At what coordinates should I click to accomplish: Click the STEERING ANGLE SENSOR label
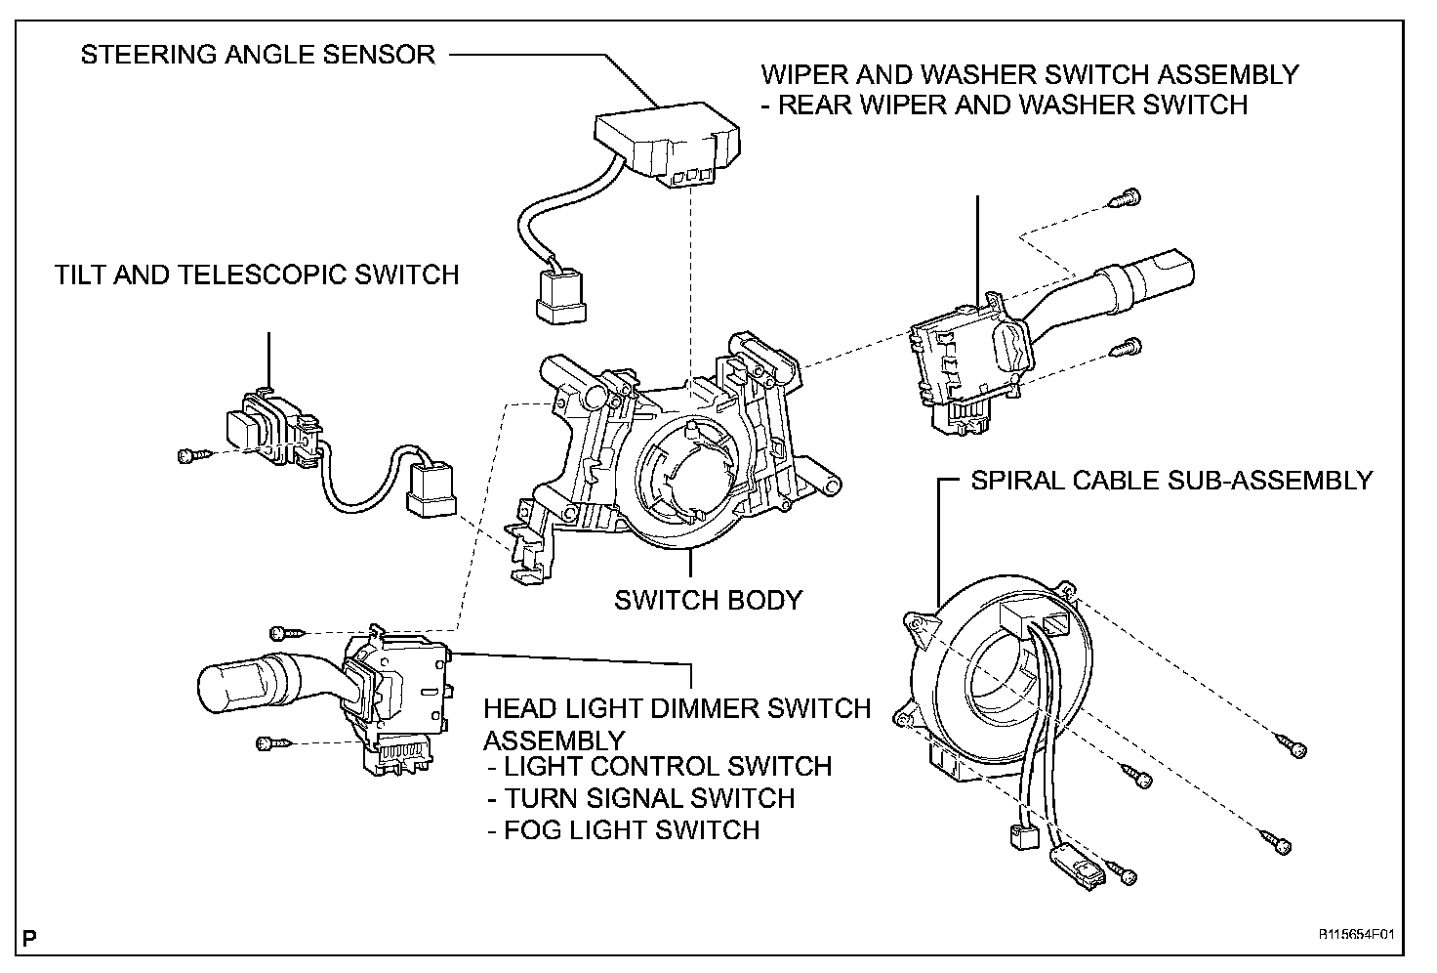pyautogui.click(x=258, y=55)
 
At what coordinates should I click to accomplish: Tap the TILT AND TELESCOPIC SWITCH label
pyautogui.click(x=257, y=275)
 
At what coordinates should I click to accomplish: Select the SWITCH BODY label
pyautogui.click(x=708, y=599)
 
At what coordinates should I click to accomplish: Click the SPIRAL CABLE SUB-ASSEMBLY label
pyautogui.click(x=1171, y=481)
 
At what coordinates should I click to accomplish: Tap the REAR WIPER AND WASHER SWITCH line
pyautogui.click(x=1011, y=105)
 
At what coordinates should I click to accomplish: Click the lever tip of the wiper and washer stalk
pyautogui.click(x=1168, y=266)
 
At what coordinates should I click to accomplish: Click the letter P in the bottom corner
pyautogui.click(x=31, y=941)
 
